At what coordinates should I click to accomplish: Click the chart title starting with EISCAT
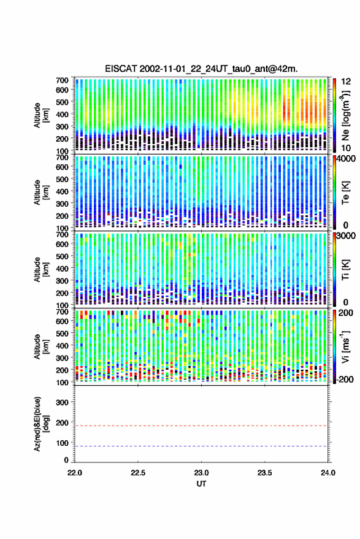[201, 69]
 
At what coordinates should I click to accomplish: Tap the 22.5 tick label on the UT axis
[138, 473]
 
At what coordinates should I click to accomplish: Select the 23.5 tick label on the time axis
[264, 473]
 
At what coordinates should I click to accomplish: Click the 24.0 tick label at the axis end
[328, 473]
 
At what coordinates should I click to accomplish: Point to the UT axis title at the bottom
[202, 484]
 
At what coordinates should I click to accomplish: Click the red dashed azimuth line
[201, 426]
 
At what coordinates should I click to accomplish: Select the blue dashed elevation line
[201, 446]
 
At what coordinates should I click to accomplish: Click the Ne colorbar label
[345, 116]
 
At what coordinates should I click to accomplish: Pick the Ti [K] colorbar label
[345, 270]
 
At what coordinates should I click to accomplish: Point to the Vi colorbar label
[345, 347]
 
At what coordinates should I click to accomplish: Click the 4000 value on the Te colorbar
[347, 159]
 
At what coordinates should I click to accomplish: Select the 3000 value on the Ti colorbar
[347, 236]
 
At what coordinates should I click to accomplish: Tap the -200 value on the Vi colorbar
[344, 380]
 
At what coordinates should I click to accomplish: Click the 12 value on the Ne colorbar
[347, 82]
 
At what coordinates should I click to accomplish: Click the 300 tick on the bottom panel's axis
[62, 402]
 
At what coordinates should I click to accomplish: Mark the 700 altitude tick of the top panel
[62, 80]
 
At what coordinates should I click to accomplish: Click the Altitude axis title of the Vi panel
[41, 346]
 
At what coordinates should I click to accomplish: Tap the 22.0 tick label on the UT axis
[75, 473]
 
